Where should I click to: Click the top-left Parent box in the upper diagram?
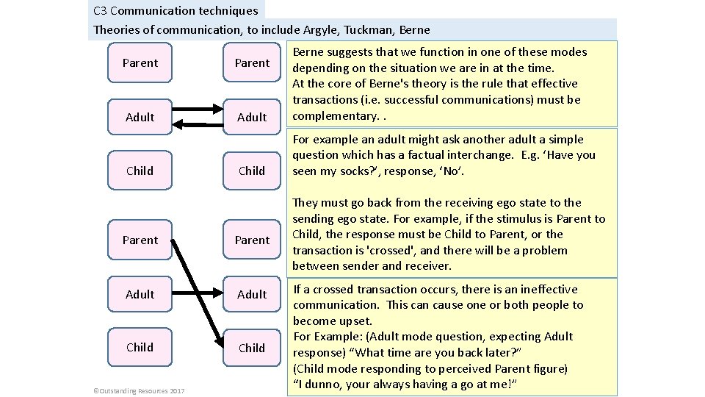(x=140, y=63)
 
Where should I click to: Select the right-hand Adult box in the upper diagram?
(x=252, y=117)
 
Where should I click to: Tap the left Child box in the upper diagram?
(x=140, y=171)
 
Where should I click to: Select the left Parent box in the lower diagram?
(x=140, y=240)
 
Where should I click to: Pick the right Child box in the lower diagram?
(x=252, y=348)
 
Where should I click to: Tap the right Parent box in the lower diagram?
(x=252, y=240)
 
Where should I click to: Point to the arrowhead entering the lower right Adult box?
(x=220, y=294)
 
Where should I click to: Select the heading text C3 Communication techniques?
(x=176, y=10)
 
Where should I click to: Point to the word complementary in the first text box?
(x=335, y=115)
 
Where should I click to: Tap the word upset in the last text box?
(x=358, y=321)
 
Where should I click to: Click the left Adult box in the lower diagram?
(x=140, y=294)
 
